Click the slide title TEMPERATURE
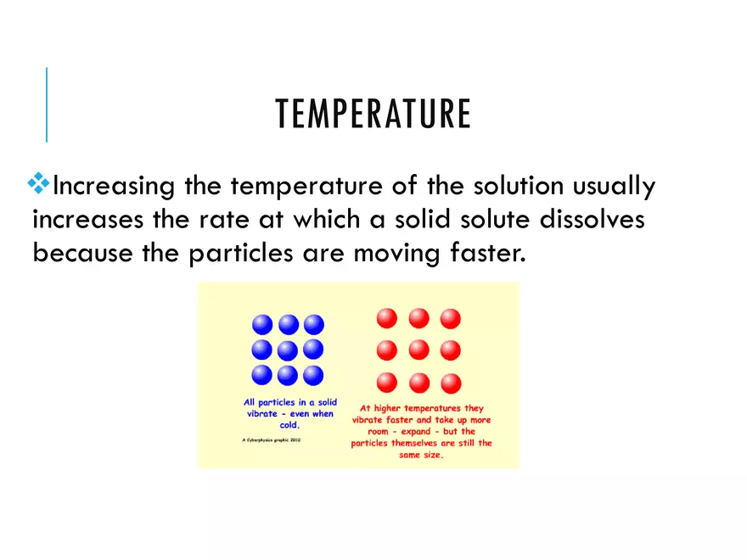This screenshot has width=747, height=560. (373, 115)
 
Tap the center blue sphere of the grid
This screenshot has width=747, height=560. (288, 350)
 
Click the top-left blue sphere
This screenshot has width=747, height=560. (262, 324)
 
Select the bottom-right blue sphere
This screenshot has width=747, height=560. (314, 375)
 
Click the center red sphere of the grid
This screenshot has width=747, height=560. (418, 350)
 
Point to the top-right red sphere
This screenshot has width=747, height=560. (450, 318)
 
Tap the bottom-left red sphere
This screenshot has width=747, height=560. (387, 382)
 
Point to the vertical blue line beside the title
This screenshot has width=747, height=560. (47, 104)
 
